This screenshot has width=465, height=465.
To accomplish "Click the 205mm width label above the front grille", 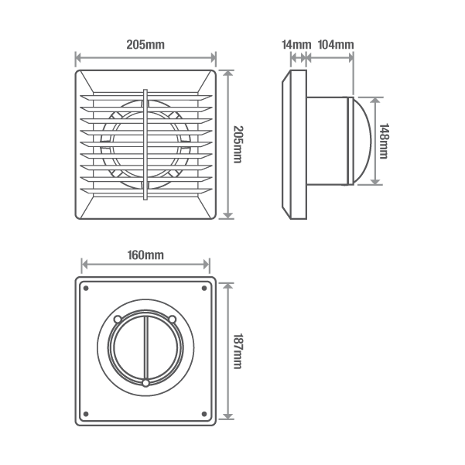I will click(x=145, y=44).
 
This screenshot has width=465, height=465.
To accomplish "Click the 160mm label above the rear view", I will click(x=145, y=255).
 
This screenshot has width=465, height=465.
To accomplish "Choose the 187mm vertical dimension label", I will click(x=238, y=350).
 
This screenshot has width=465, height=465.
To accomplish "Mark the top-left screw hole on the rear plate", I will click(x=86, y=289).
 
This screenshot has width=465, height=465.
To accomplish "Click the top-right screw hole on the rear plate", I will click(x=204, y=289).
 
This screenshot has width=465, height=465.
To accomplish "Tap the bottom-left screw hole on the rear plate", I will click(x=86, y=412).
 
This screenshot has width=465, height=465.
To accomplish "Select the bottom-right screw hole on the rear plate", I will click(x=204, y=412).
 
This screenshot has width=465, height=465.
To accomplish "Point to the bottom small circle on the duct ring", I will click(x=145, y=383).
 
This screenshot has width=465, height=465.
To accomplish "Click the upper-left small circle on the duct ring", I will click(x=118, y=319).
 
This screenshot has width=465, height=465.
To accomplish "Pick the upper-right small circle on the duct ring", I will click(x=173, y=319).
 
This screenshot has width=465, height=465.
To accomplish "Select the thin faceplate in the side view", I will click(x=294, y=145).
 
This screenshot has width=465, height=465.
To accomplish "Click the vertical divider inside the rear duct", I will click(x=145, y=348).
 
